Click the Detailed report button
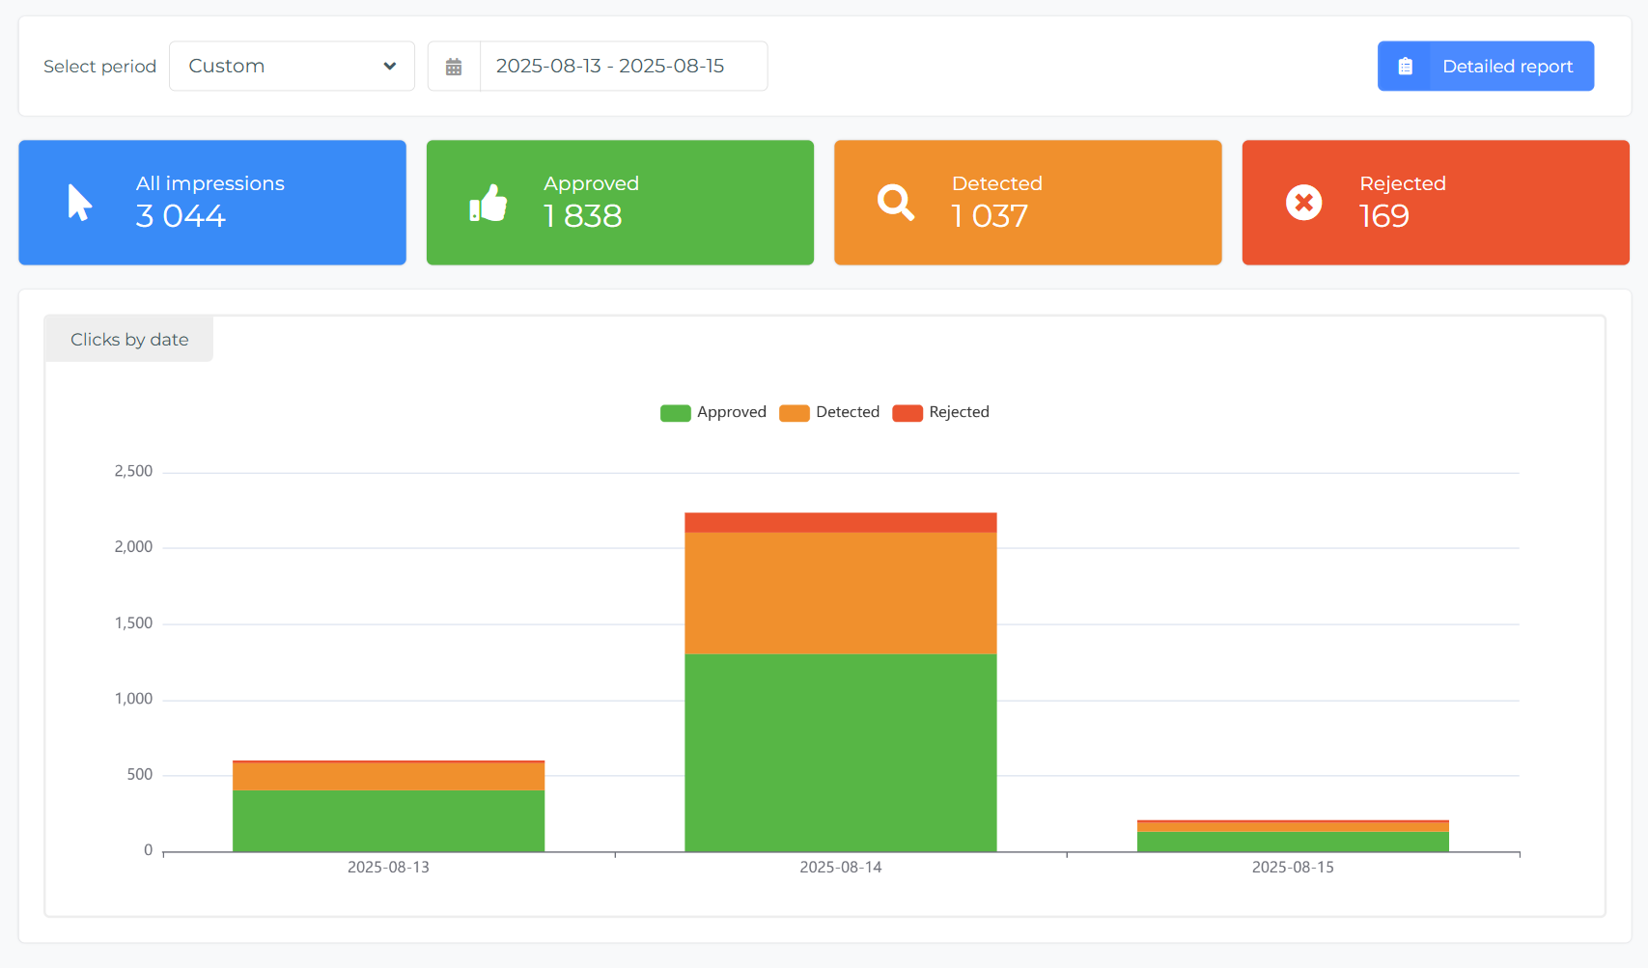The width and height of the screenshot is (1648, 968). pyautogui.click(x=1486, y=67)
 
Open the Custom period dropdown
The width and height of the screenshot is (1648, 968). pyautogui.click(x=293, y=67)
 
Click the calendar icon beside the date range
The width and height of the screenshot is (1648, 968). pyautogui.click(x=454, y=67)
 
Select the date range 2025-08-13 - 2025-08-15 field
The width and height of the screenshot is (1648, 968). pyautogui.click(x=624, y=67)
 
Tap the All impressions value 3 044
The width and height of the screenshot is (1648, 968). pyautogui.click(x=181, y=215)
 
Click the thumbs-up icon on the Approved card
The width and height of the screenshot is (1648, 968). pyautogui.click(x=489, y=203)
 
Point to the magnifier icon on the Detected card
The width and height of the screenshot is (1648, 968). pyautogui.click(x=896, y=203)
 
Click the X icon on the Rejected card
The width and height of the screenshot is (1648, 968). pyautogui.click(x=1303, y=203)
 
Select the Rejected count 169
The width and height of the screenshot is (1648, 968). pyautogui.click(x=1383, y=215)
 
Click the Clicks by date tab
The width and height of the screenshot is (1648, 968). pyautogui.click(x=128, y=339)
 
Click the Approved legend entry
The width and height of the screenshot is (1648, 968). pyautogui.click(x=712, y=412)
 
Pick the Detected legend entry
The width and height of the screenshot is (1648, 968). pyautogui.click(x=829, y=412)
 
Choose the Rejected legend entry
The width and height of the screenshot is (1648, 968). pyautogui.click(x=940, y=412)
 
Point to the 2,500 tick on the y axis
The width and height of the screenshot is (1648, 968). pyautogui.click(x=133, y=471)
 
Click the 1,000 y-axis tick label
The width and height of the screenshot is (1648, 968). pyautogui.click(x=133, y=698)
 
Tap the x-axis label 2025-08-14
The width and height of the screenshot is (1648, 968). pyautogui.click(x=840, y=868)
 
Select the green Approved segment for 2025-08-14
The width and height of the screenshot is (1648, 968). pyautogui.click(x=840, y=753)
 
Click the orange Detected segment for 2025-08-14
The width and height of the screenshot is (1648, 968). pyautogui.click(x=840, y=593)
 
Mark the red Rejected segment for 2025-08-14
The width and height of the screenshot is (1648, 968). pyautogui.click(x=840, y=522)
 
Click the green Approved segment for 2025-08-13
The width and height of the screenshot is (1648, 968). pyautogui.click(x=388, y=821)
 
